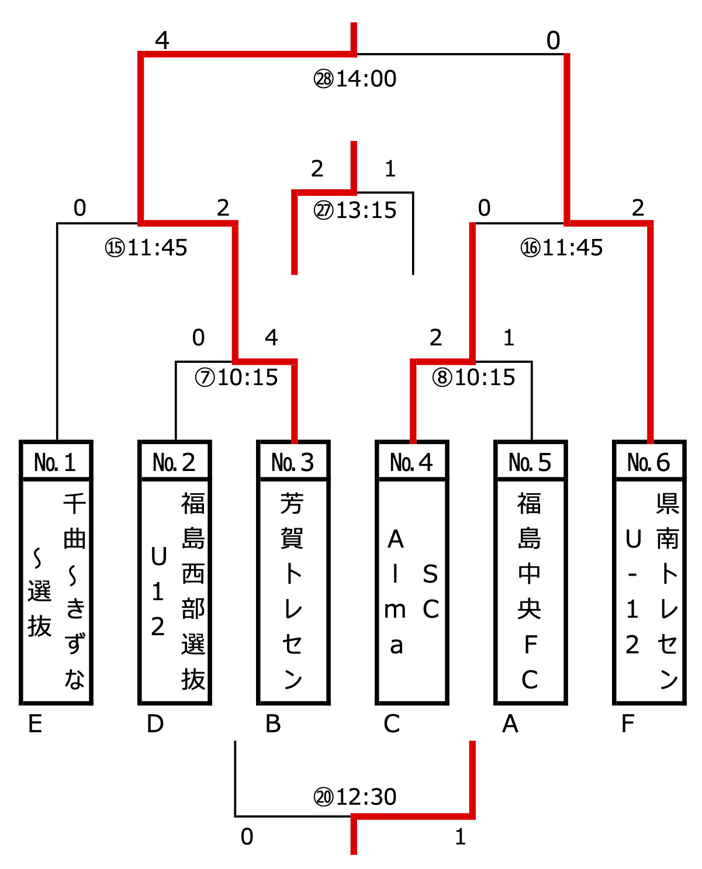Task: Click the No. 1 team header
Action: (x=56, y=462)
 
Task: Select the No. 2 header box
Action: (x=175, y=462)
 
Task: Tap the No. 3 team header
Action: (x=293, y=462)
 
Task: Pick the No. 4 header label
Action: (x=412, y=462)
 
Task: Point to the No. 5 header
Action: (x=531, y=462)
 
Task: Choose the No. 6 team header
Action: (x=649, y=462)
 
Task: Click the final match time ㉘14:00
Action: (x=355, y=78)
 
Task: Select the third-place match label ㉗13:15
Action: (x=355, y=210)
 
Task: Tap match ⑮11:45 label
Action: (x=146, y=248)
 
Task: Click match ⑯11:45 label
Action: (x=561, y=248)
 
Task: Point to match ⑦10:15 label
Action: (x=236, y=378)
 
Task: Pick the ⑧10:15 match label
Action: (x=473, y=378)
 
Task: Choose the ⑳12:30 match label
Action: (x=355, y=797)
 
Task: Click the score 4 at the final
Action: (x=162, y=41)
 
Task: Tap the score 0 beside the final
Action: (x=553, y=41)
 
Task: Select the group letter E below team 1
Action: (x=35, y=724)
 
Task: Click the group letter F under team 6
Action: (x=628, y=724)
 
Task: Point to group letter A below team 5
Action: (x=510, y=724)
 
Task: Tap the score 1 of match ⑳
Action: (x=461, y=837)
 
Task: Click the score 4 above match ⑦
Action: (x=271, y=338)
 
